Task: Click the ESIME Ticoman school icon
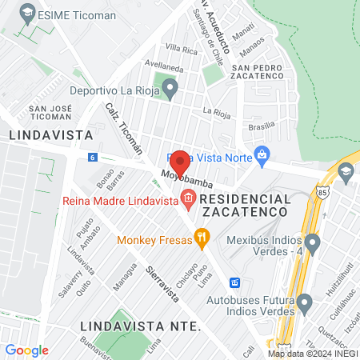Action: point(27,13)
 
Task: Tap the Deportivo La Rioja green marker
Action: point(170,89)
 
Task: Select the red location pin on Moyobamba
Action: point(180,164)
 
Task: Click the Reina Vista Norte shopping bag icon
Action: point(261,154)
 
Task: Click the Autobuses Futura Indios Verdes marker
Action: point(304,303)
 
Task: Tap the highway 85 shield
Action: point(322,193)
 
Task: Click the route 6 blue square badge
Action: point(93,157)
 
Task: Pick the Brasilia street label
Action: point(261,126)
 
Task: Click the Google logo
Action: point(26,350)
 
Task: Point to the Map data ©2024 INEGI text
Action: point(312,354)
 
